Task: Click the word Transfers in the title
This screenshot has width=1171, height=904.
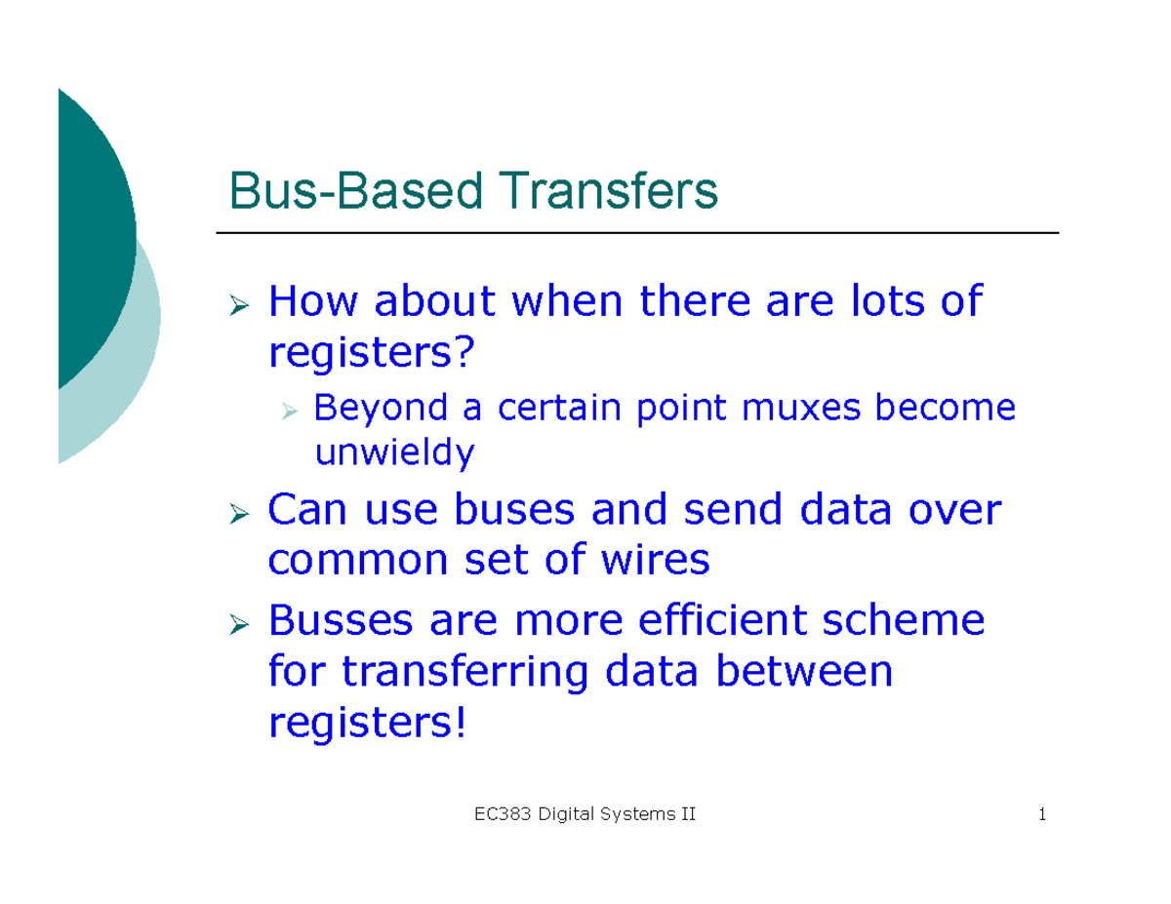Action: (x=611, y=193)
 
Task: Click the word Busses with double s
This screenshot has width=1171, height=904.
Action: (x=339, y=619)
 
